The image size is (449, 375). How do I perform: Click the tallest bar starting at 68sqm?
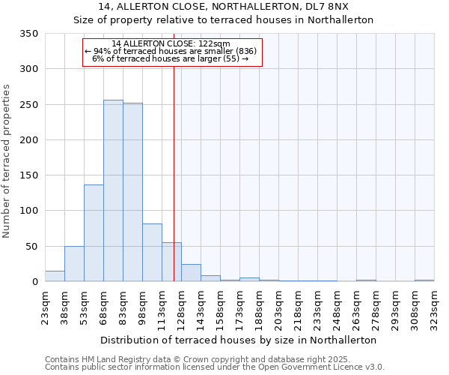[x=113, y=191]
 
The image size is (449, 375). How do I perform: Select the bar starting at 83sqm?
[x=132, y=193]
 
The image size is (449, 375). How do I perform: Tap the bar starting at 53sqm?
[x=94, y=233]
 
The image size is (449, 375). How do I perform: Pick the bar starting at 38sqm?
[x=74, y=264]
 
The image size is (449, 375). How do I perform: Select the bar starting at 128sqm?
[x=191, y=273]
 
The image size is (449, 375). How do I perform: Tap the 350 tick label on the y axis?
[x=28, y=34]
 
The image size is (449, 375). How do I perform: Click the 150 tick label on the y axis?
[x=28, y=175]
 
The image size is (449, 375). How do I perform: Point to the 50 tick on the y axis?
[x=31, y=246]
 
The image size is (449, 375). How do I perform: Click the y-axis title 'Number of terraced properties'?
[x=7, y=161]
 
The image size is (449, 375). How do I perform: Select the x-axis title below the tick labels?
[x=239, y=340]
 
